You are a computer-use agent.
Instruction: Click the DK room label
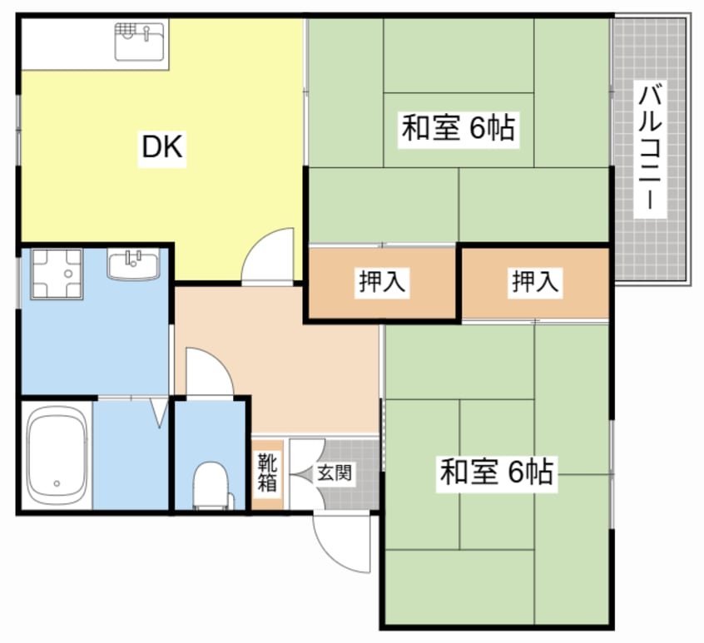162,148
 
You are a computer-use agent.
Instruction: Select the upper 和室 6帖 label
459,129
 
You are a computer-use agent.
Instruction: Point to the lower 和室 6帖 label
496,472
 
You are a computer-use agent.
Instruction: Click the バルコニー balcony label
651,150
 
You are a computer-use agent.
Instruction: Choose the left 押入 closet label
382,283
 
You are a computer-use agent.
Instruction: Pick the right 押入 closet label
535,283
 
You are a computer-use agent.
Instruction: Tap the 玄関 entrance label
335,474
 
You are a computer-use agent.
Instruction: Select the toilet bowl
211,484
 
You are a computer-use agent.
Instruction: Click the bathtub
56,455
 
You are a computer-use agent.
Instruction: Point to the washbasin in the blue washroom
133,265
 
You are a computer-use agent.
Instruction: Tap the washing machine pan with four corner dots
56,273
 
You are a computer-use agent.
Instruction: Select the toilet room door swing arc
207,372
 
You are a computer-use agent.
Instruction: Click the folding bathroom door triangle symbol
159,413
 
